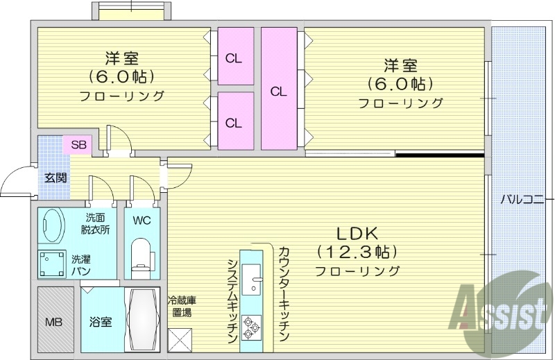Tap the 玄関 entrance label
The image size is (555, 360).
tap(56, 177)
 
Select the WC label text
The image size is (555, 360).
tap(142, 221)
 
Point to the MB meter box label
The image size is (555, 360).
tap(53, 322)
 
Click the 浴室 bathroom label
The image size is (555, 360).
tap(100, 322)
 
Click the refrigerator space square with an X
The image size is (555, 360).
tap(180, 341)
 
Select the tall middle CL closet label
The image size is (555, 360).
tap(279, 90)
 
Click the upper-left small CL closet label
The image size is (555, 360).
tap(234, 58)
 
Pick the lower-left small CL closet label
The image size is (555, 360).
tap(234, 123)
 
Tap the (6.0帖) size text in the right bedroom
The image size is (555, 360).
tap(400, 84)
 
